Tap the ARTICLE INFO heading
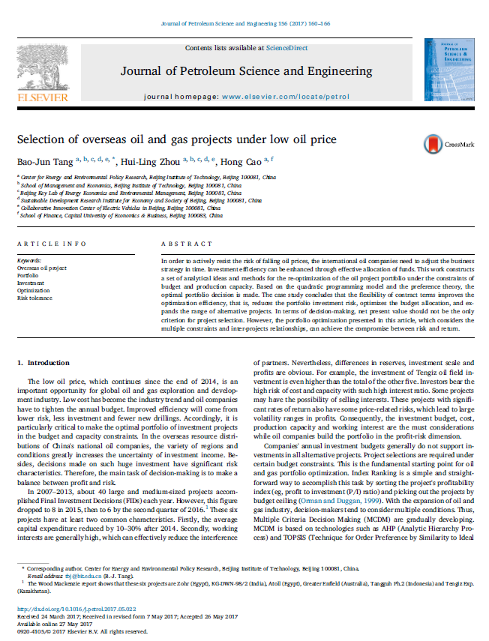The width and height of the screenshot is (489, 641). click(46, 244)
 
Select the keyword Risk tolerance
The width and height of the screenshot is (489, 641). click(34, 298)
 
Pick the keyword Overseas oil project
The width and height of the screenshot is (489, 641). click(41, 268)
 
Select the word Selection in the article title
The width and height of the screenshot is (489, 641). click(40, 139)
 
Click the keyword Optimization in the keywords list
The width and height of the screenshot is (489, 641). click(33, 290)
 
